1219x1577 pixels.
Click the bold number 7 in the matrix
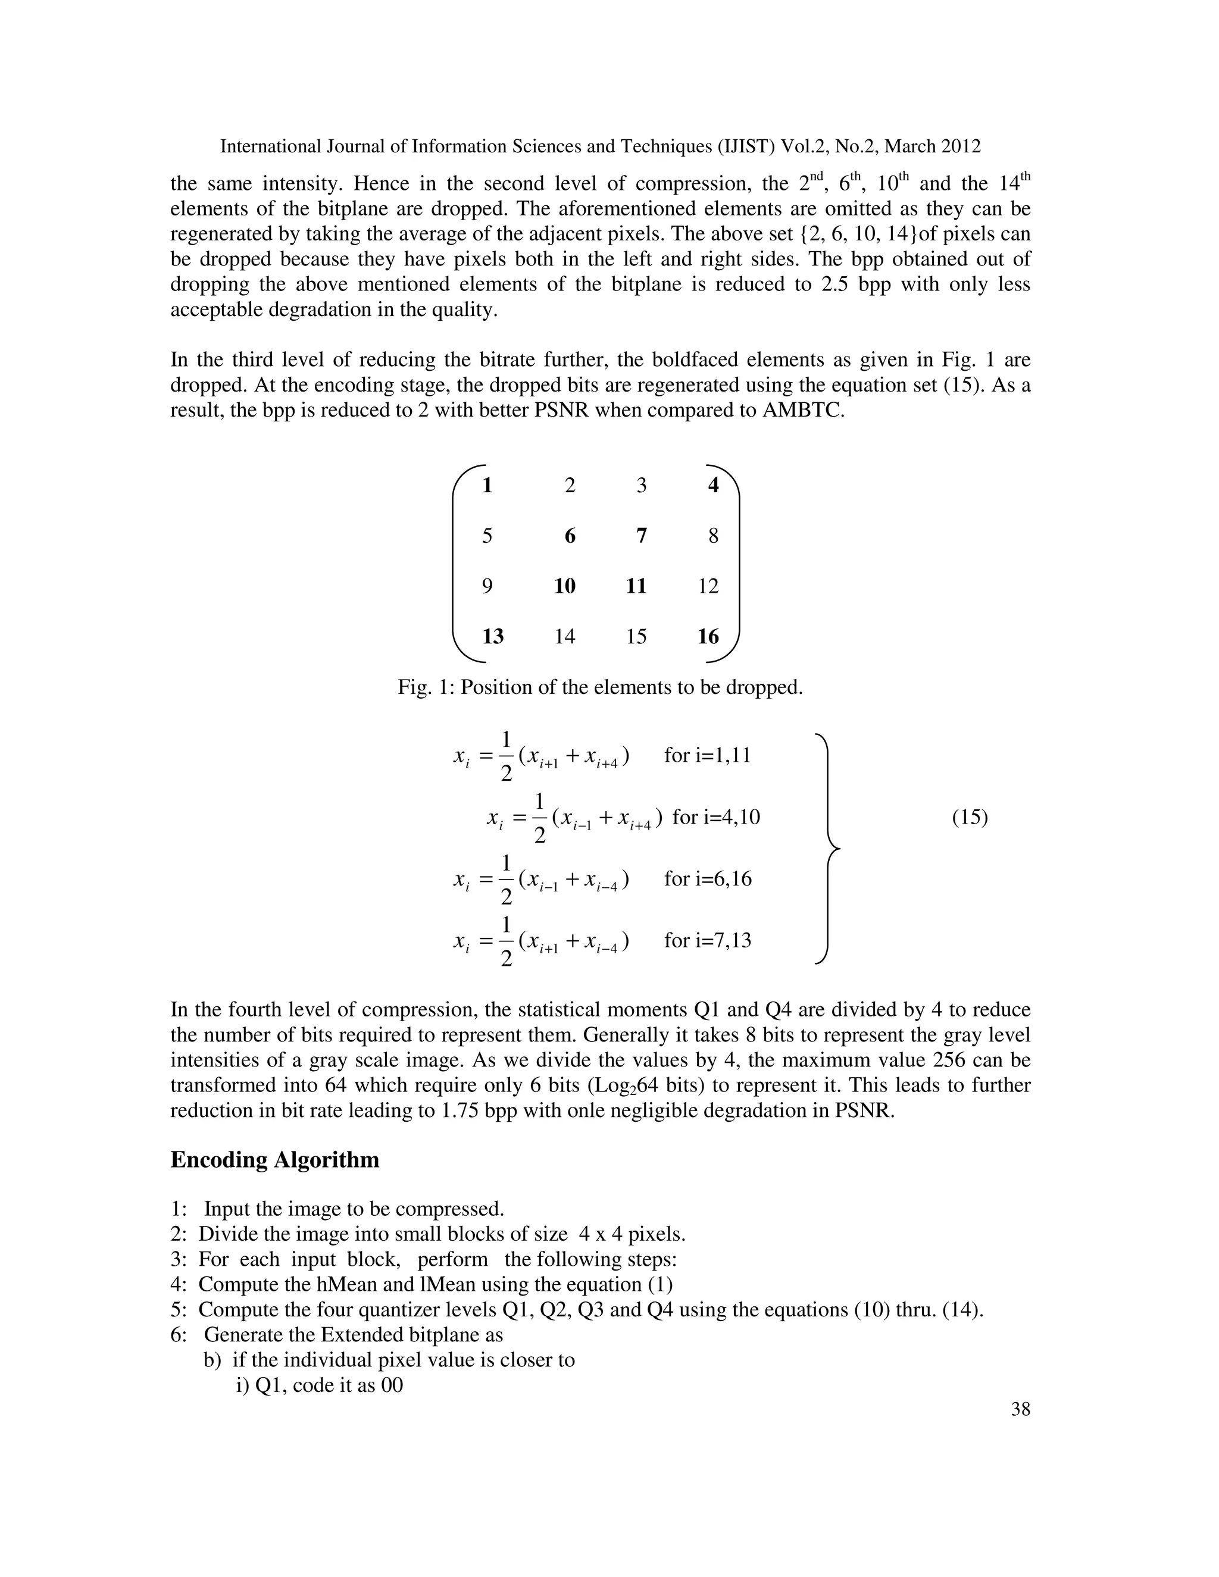tap(641, 536)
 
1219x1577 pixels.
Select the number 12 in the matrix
tap(708, 586)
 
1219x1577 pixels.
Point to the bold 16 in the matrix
tap(708, 637)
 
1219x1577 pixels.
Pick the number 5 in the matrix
tap(487, 536)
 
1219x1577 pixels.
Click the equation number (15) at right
tap(969, 818)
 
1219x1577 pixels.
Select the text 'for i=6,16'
tap(708, 879)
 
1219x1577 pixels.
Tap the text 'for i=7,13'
tap(708, 940)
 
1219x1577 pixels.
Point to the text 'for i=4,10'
tap(715, 818)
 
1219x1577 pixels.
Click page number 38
tap(1020, 1409)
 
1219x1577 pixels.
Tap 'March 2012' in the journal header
tap(932, 146)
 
